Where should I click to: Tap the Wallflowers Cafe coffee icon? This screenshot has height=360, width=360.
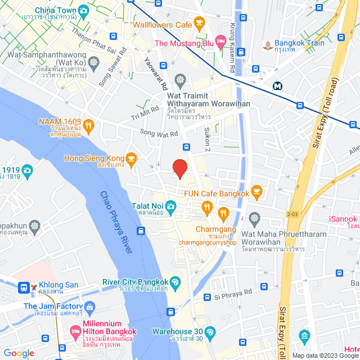pyautogui.click(x=199, y=24)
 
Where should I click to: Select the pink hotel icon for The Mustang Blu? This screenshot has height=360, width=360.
pyautogui.click(x=221, y=43)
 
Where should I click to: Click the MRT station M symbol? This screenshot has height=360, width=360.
pyautogui.click(x=277, y=86)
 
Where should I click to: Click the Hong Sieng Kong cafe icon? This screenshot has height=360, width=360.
pyautogui.click(x=131, y=159)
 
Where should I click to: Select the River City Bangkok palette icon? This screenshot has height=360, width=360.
pyautogui.click(x=175, y=282)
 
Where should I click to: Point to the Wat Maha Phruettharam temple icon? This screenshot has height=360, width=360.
pyautogui.click(x=254, y=218)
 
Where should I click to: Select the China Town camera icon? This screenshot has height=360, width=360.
pyautogui.click(x=84, y=10)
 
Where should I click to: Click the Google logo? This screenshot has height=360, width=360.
pyautogui.click(x=18, y=353)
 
